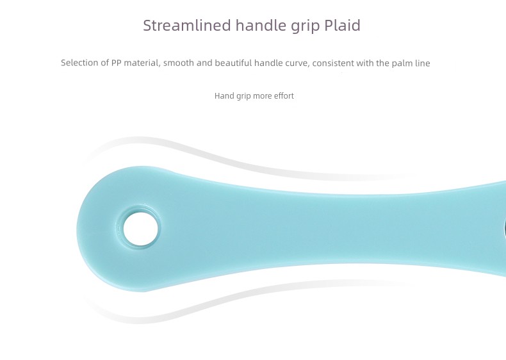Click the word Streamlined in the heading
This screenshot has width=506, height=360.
[187, 25]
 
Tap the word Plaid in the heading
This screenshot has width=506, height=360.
[342, 25]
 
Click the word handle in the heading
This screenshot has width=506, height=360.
[261, 25]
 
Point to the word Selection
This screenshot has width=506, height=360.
[80, 63]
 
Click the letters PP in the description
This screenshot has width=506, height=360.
[116, 63]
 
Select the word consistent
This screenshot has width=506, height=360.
[333, 63]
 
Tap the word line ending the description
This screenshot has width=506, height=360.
[423, 63]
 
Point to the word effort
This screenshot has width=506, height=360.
[284, 96]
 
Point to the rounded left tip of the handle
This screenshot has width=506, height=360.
[78, 229]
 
